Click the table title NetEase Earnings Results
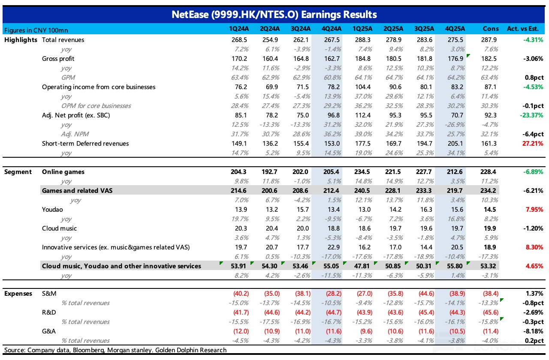pyautogui.click(x=274, y=15)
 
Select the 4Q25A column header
pyautogui.click(x=455, y=29)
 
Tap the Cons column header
pyautogui.click(x=491, y=29)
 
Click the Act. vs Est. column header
pyautogui.click(x=525, y=29)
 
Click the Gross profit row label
pyautogui.click(x=58, y=59)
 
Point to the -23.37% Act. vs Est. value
pyautogui.click(x=532, y=115)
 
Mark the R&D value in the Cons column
pyautogui.click(x=491, y=312)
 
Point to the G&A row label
pyautogui.click(x=49, y=331)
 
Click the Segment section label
pyautogui.click(x=18, y=172)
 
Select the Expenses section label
pyautogui.click(x=18, y=294)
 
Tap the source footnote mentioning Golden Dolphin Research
pyautogui.click(x=115, y=350)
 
